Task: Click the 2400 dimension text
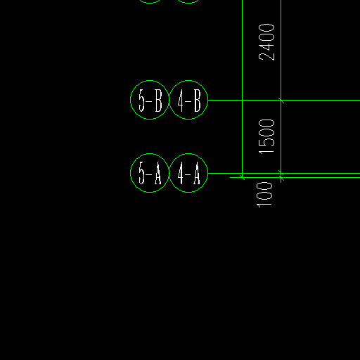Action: coord(266,42)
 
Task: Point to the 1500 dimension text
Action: coord(266,136)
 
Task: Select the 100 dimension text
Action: coord(264,195)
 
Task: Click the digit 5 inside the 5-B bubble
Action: coord(141,101)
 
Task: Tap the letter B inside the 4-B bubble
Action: coord(198,101)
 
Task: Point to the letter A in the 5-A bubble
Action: coord(158,173)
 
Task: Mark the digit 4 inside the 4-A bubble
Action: coord(181,173)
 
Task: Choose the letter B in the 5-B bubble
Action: coord(159,101)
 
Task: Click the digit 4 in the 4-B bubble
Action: coord(181,101)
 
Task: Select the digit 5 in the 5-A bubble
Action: coord(141,173)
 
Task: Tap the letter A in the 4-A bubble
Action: coord(197,173)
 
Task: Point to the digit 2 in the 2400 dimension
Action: coord(266,56)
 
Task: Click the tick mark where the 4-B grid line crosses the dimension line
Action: coord(281,100)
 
